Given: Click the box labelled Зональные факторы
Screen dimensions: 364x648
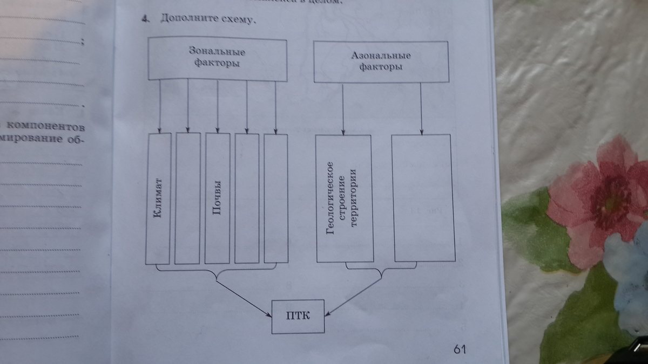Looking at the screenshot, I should (x=217, y=59).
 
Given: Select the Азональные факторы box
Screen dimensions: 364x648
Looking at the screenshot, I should (x=381, y=62).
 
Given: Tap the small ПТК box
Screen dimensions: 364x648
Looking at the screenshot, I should (x=298, y=315).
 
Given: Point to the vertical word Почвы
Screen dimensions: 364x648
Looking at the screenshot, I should (x=218, y=200).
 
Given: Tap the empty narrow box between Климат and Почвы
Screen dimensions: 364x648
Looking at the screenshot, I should (x=188, y=198).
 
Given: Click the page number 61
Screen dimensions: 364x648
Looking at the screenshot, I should (x=460, y=349).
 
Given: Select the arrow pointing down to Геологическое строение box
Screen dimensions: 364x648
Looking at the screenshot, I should (x=344, y=108).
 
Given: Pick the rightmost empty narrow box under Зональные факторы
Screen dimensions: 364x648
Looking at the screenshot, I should (x=276, y=198).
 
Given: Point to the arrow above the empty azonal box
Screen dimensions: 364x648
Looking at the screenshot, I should (x=421, y=108).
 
